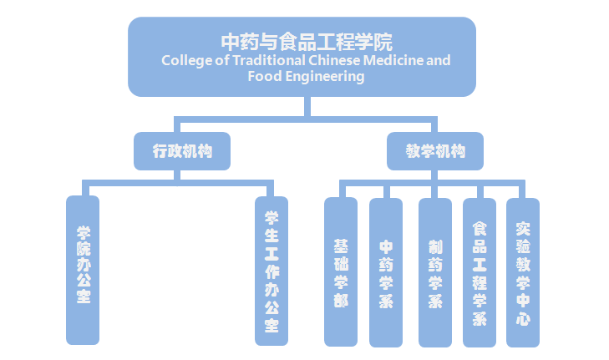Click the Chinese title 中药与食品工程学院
tap(305, 41)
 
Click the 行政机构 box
tap(182, 151)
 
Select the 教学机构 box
tap(435, 151)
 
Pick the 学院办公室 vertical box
tap(83, 270)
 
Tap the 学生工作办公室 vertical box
tap(272, 271)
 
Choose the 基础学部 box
tap(341, 272)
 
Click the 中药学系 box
tap(386, 272)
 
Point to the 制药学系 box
tap(435, 272)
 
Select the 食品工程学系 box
tap(480, 272)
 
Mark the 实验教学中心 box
tap(523, 272)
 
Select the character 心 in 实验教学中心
tap(523, 318)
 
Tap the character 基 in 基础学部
tap(341, 246)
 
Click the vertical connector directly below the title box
tap(308, 106)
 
